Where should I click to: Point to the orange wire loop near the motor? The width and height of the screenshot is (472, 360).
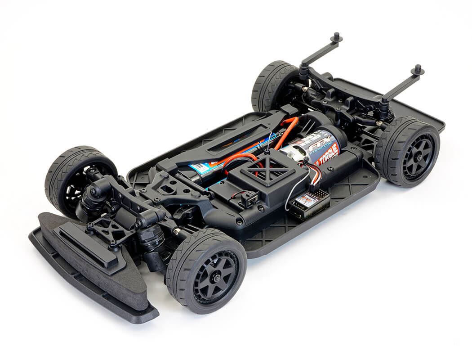[x=288, y=130]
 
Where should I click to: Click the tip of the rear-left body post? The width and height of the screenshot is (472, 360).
[x=336, y=36]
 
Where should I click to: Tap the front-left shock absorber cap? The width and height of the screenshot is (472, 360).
[x=94, y=192]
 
